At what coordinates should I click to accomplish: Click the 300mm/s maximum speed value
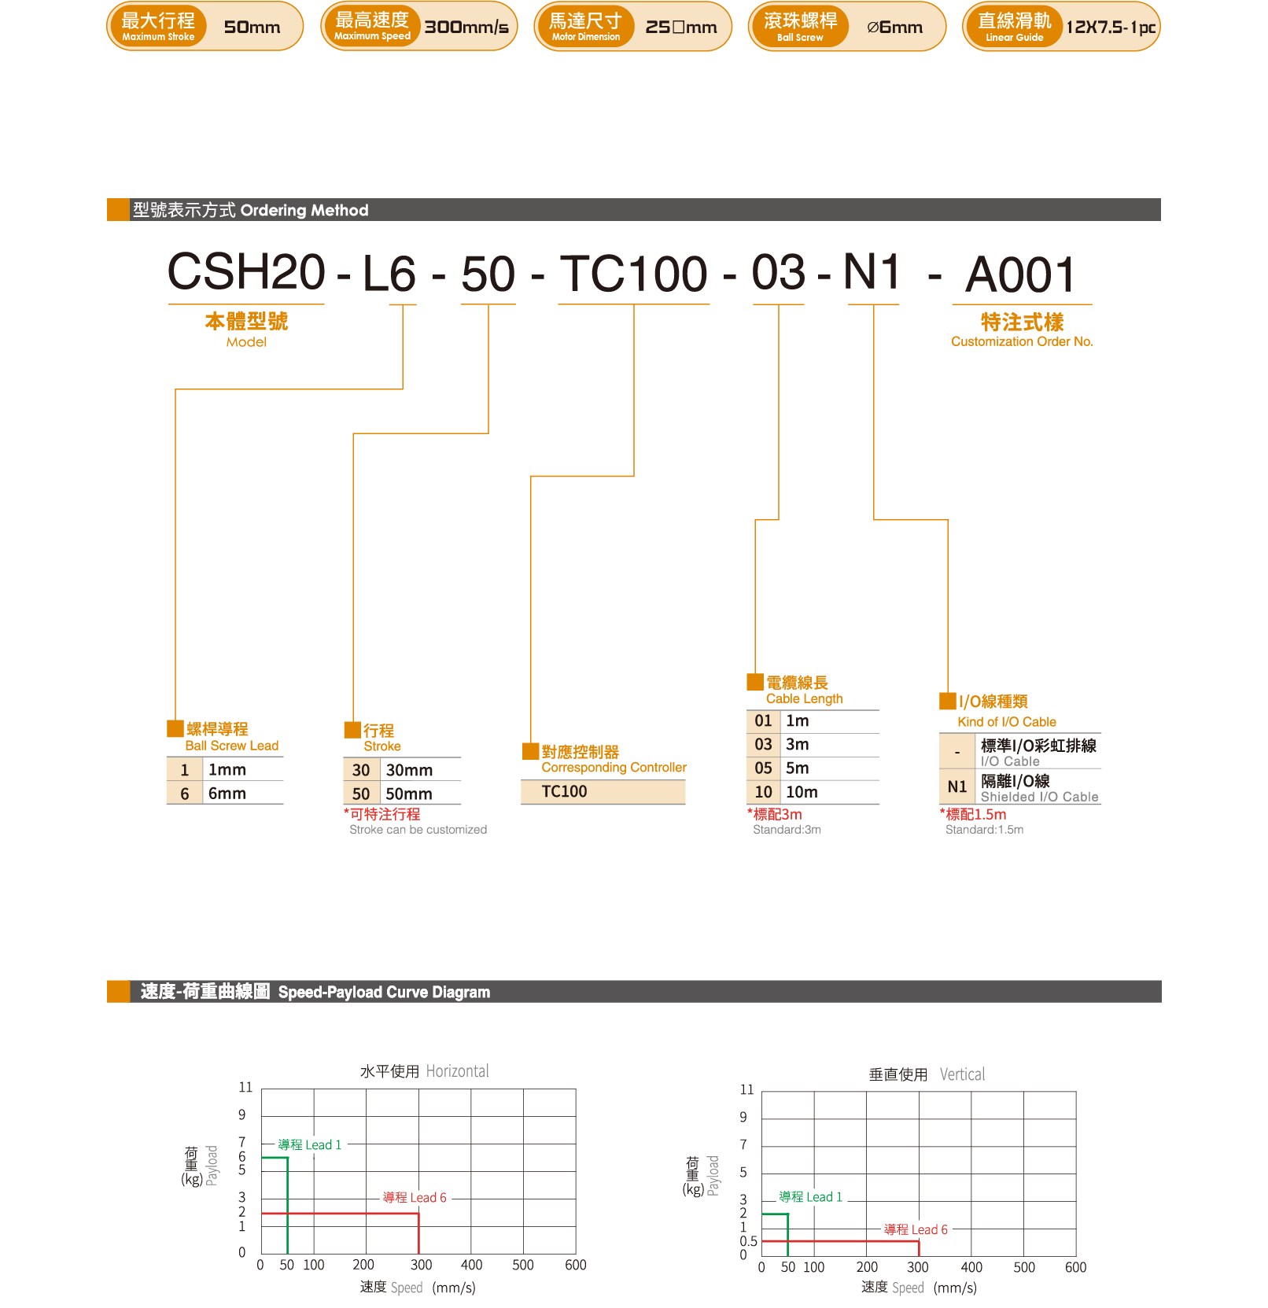(466, 28)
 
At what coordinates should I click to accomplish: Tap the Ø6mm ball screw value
(894, 28)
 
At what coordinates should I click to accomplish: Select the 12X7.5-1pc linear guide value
(1110, 28)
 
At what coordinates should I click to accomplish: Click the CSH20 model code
(246, 272)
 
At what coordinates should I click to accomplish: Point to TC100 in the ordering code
(633, 274)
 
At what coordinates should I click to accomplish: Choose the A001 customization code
(1020, 275)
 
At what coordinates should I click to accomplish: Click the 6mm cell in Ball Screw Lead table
(227, 794)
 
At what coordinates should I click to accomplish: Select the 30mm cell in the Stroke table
(409, 770)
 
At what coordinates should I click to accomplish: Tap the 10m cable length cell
(802, 792)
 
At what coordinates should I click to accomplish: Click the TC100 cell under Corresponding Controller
(564, 792)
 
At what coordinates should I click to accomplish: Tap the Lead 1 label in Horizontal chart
(310, 1145)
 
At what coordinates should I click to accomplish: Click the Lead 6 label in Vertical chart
(916, 1229)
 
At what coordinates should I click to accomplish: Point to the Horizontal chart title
(424, 1071)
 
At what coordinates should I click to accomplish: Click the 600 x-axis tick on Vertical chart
(1075, 1267)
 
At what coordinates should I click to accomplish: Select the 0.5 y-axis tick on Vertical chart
(748, 1241)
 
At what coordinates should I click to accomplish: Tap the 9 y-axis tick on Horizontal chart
(242, 1115)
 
